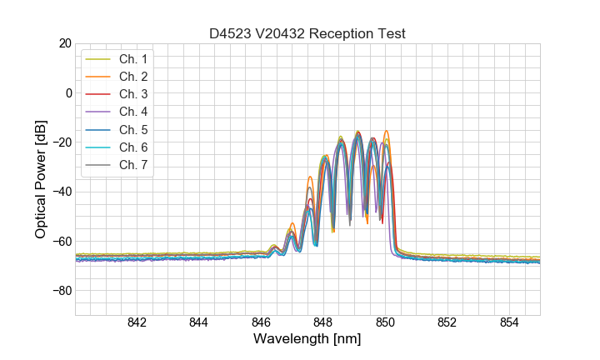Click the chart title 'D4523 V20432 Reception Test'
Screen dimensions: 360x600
coord(307,33)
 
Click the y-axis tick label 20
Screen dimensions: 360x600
coord(63,43)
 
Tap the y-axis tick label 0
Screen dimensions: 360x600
coord(67,92)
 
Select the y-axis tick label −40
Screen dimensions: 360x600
coord(61,192)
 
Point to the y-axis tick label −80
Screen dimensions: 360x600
coord(61,291)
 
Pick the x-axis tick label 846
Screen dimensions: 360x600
coord(261,323)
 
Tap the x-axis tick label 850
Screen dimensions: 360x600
coord(385,323)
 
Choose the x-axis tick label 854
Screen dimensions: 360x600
coord(509,323)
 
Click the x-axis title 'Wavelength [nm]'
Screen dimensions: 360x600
coord(307,340)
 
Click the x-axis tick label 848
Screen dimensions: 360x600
coord(323,323)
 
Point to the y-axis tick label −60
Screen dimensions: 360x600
coord(61,242)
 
